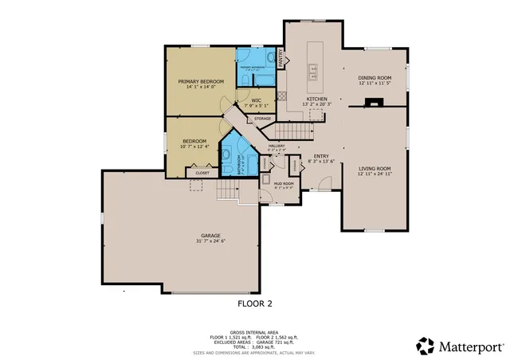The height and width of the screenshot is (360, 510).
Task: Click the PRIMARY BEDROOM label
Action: point(201,81)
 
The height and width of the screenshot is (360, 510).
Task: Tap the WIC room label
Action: point(257,100)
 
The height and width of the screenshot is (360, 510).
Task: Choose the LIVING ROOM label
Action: point(374,168)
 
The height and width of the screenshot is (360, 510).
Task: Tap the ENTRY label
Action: point(321,156)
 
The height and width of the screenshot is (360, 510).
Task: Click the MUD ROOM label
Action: point(284,183)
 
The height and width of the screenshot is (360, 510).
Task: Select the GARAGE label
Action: point(210,235)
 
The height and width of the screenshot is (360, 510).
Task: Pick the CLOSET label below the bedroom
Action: point(202,172)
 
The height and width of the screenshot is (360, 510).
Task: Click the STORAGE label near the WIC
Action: point(262,119)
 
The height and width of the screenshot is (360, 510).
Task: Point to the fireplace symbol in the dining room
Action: point(374,102)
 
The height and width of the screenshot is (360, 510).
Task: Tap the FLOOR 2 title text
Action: point(255,303)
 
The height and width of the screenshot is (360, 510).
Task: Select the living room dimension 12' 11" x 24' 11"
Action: point(374,174)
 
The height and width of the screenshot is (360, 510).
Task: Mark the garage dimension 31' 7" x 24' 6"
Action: point(210,241)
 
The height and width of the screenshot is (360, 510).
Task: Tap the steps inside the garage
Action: point(228,190)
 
